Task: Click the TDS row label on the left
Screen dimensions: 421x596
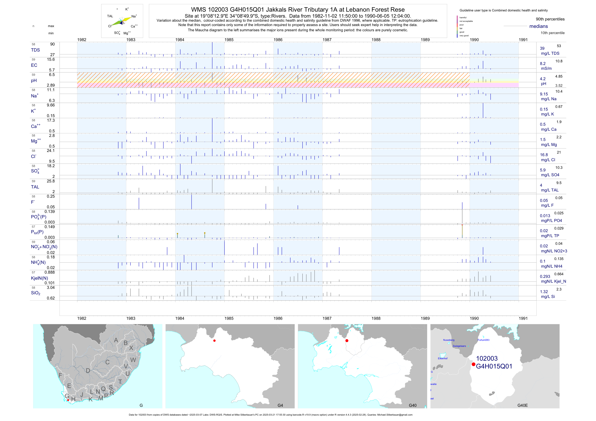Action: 35,50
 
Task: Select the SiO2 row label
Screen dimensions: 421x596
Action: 36,293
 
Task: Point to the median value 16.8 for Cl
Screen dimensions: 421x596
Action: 544,155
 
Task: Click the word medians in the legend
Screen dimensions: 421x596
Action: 539,26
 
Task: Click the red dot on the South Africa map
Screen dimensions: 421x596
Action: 68,400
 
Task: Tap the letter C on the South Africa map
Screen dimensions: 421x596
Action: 107,362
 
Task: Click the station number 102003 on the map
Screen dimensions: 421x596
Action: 487,358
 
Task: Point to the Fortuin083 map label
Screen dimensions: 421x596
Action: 483,340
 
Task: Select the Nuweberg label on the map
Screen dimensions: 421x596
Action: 449,340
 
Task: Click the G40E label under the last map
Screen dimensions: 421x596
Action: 522,405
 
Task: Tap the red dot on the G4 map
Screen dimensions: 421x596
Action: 214,341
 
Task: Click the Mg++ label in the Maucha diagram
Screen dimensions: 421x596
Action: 127,33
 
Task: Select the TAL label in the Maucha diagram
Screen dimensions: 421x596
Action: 110,16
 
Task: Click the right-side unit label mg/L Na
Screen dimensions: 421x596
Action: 548,99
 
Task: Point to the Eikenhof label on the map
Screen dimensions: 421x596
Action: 443,358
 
